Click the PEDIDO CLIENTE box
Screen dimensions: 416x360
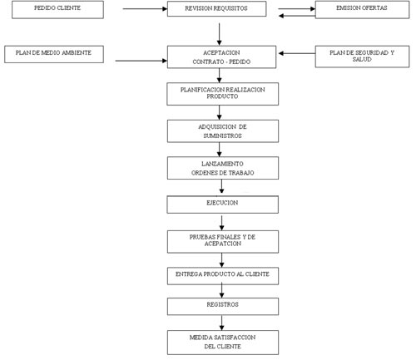coord(57,10)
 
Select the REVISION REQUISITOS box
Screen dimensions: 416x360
coord(216,9)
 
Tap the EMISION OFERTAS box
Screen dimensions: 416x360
coord(362,10)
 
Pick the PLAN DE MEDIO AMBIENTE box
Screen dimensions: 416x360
coord(54,54)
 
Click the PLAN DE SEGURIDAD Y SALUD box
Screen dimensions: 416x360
coord(362,57)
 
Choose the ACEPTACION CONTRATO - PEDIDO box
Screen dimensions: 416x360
coord(221,57)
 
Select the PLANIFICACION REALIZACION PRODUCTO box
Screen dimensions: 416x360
coord(223,94)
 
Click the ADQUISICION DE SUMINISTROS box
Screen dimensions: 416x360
coord(223,131)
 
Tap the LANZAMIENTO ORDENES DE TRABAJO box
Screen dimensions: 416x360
coord(223,168)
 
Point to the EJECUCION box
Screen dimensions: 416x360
coord(223,205)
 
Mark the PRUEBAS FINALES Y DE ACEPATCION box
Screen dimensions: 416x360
coord(223,242)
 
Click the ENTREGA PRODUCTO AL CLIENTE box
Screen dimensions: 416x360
coord(223,276)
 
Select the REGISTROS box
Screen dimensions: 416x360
coord(223,307)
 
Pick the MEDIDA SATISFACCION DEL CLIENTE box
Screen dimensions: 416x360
coord(223,343)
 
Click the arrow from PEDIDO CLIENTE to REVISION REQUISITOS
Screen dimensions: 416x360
coord(145,9)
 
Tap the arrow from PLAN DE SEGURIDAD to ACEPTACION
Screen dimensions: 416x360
coord(297,53)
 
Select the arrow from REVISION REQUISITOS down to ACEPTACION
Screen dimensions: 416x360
coord(219,34)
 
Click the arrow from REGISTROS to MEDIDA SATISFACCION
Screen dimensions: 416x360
coord(221,323)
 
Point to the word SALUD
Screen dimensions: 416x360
coord(362,59)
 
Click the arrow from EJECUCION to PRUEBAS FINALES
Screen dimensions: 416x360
coord(221,223)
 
